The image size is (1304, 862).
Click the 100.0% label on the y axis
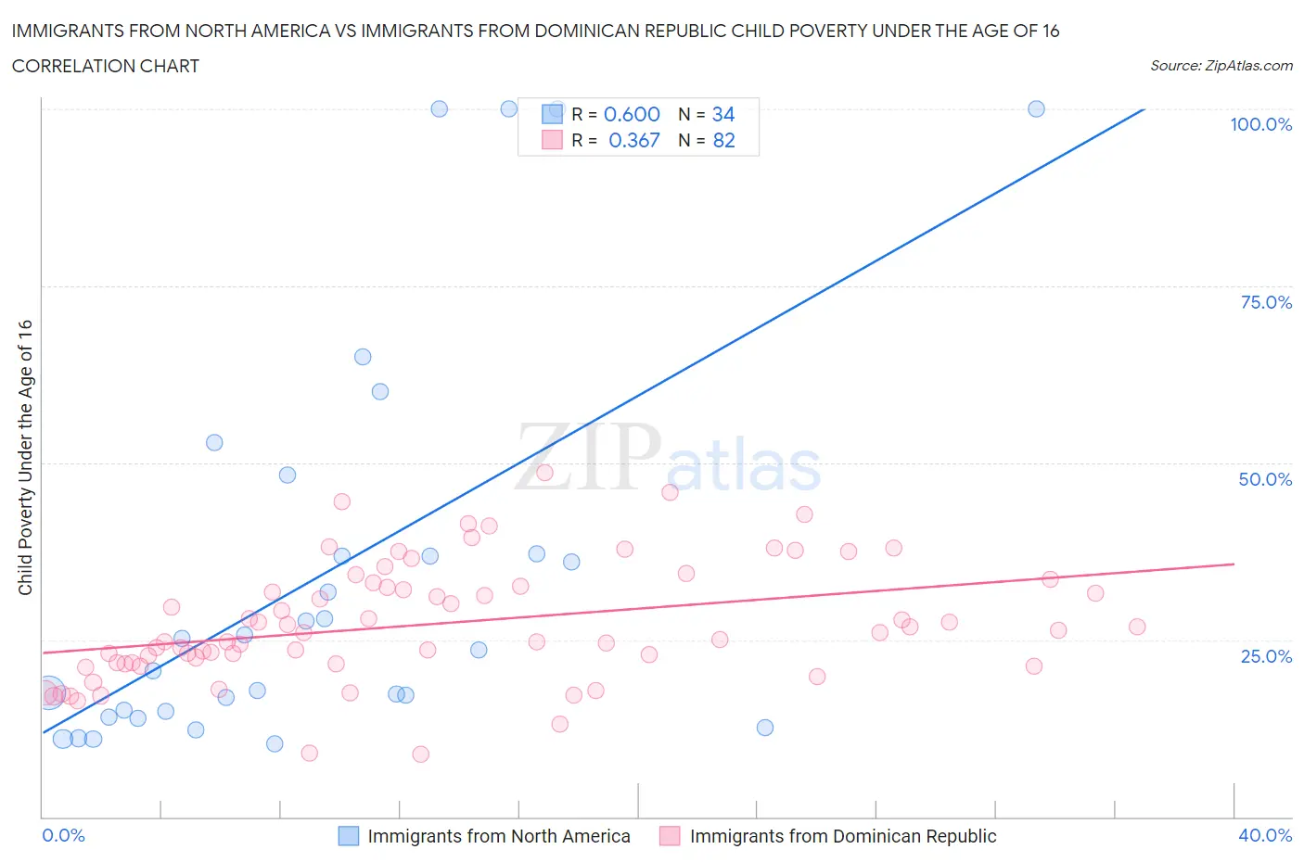[1260, 124]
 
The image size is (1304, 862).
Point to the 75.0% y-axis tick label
[1265, 302]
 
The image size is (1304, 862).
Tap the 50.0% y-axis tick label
[1265, 479]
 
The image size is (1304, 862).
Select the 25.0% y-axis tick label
[1265, 656]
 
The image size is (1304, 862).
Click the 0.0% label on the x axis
[63, 835]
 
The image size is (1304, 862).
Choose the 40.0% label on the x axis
[1265, 835]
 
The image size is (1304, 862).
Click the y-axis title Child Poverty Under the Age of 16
[25, 457]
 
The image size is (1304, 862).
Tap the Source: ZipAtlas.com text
[1221, 65]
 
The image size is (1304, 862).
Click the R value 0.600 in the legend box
[632, 114]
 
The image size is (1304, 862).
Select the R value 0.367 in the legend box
[633, 140]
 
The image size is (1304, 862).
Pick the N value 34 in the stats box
[722, 114]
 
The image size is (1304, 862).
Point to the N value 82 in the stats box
[723, 140]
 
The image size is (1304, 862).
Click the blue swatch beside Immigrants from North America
[348, 836]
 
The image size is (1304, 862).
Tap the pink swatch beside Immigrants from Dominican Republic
[670, 836]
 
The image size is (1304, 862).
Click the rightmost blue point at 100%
[1036, 108]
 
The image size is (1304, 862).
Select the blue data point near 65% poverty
[363, 357]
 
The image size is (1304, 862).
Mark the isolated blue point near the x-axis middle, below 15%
[764, 728]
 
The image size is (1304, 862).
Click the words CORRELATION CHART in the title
[106, 66]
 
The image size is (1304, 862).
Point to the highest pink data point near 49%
[544, 473]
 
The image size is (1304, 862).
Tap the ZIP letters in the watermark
[587, 456]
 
